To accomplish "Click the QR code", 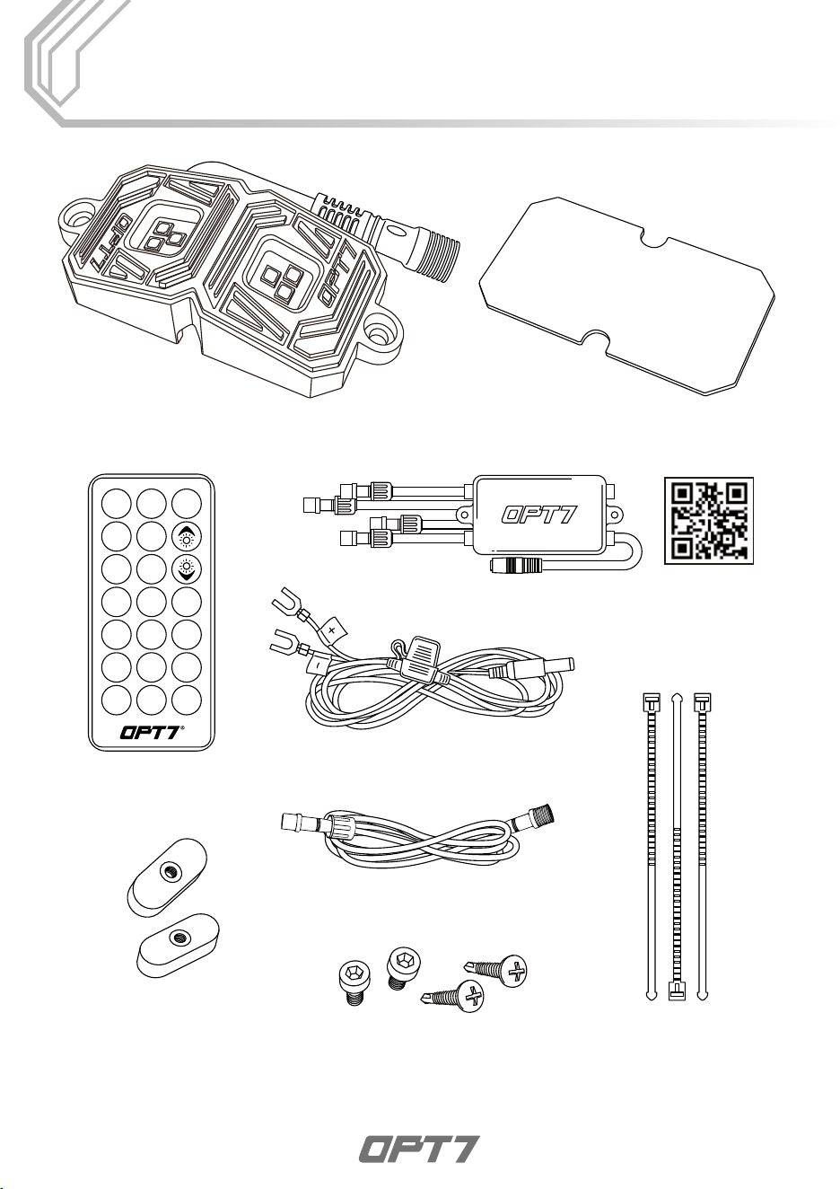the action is coord(708,520).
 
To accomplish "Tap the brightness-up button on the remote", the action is coord(187,537).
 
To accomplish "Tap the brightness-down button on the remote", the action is coord(187,569).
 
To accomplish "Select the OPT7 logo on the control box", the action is coord(539,514).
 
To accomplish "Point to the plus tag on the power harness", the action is coord(331,630).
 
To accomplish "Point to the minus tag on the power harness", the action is coord(316,664).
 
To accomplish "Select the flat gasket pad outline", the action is coord(626,296).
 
